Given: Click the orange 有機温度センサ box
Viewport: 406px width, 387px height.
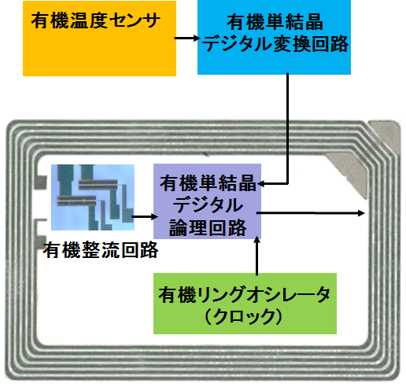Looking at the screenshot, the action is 99,39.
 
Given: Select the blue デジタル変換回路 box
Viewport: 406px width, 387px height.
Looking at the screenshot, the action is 274,37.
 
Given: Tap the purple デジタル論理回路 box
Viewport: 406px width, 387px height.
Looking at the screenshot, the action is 207,201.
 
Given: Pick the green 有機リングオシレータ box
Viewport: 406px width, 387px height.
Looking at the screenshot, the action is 245,304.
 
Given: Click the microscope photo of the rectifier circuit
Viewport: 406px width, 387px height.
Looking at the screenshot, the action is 93,197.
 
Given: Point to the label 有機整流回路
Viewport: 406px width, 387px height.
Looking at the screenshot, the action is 101,250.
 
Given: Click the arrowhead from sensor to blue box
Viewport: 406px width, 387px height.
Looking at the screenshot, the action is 196,39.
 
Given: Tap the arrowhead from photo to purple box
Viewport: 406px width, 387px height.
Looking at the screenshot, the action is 154,216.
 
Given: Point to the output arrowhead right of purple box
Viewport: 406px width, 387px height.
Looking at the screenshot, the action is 361,213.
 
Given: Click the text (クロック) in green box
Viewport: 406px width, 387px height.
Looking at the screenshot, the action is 244,317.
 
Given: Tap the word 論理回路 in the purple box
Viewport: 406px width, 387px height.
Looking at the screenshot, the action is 208,227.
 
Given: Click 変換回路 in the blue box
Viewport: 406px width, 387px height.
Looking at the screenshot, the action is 311,44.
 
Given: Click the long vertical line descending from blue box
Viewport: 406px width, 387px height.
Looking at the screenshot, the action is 287,128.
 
